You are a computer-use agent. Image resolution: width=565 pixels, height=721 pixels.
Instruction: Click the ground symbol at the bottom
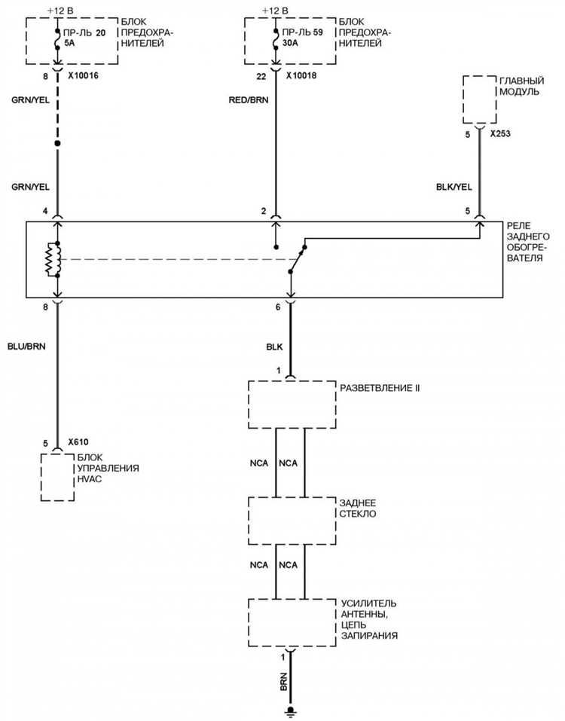[290, 711]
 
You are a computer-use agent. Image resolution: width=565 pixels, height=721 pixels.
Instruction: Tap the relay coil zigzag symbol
[51, 260]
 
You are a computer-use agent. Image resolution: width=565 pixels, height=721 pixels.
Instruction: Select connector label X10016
[83, 76]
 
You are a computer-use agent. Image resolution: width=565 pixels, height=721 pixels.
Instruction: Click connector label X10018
[301, 76]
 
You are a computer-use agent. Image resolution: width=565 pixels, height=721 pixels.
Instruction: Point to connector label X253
[500, 134]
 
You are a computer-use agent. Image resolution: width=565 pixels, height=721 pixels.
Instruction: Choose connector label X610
[78, 442]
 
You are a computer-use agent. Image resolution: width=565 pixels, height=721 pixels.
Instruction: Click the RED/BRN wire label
[249, 99]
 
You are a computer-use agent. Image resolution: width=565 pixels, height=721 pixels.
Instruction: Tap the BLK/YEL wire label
[454, 187]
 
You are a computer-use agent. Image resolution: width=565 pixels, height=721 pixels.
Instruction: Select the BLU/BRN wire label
[26, 347]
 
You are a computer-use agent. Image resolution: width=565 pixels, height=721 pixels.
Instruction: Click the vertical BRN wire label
[283, 682]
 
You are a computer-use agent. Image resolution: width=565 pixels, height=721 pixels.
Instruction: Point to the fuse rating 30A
[290, 43]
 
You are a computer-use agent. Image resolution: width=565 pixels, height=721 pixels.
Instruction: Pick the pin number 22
[261, 77]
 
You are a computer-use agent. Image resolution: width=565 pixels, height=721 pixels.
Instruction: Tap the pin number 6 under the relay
[278, 307]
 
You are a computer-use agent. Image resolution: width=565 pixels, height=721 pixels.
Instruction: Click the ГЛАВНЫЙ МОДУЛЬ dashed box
[479, 99]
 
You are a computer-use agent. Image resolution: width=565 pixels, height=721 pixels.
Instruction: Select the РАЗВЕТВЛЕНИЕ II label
[380, 388]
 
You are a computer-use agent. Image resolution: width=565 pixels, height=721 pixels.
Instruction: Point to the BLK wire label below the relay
[274, 347]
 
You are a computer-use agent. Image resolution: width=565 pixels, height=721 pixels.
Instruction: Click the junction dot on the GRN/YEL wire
[57, 143]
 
